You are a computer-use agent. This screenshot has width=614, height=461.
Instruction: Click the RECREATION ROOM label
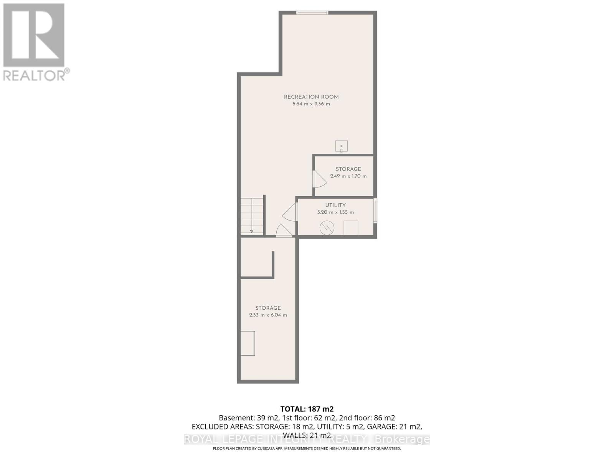[311, 97]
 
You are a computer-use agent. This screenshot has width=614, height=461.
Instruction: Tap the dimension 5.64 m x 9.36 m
[311, 104]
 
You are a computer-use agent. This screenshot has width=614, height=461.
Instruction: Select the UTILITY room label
[335, 205]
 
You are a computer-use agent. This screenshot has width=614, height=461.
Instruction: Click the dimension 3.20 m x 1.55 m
[335, 212]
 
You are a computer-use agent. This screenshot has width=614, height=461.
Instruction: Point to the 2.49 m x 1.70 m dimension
[348, 176]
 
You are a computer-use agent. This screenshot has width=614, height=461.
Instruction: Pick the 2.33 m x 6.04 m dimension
[268, 315]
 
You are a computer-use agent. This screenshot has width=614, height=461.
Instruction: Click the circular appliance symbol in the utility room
[327, 228]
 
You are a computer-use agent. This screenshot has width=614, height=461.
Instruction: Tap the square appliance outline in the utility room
[351, 228]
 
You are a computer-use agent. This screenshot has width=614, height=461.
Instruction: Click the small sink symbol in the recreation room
[341, 146]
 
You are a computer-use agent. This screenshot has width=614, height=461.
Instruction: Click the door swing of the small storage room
[319, 179]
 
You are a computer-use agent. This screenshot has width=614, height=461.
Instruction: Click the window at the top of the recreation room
[312, 13]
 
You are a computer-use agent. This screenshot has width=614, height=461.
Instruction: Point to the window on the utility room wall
[375, 210]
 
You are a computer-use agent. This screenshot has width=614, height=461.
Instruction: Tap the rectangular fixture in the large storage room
[248, 343]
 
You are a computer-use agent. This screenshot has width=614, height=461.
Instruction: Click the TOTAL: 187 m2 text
[307, 409]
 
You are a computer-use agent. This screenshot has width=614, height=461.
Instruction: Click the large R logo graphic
[34, 35]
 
